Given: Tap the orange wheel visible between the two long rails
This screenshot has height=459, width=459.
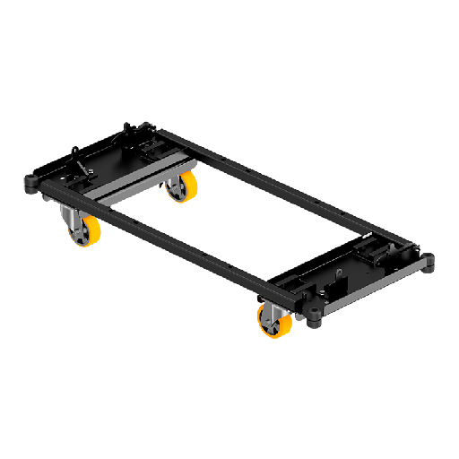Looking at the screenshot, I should click(186, 187).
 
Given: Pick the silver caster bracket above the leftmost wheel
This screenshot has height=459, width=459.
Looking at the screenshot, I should click(70, 215).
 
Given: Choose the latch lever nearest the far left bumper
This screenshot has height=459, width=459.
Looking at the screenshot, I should click(82, 167).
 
